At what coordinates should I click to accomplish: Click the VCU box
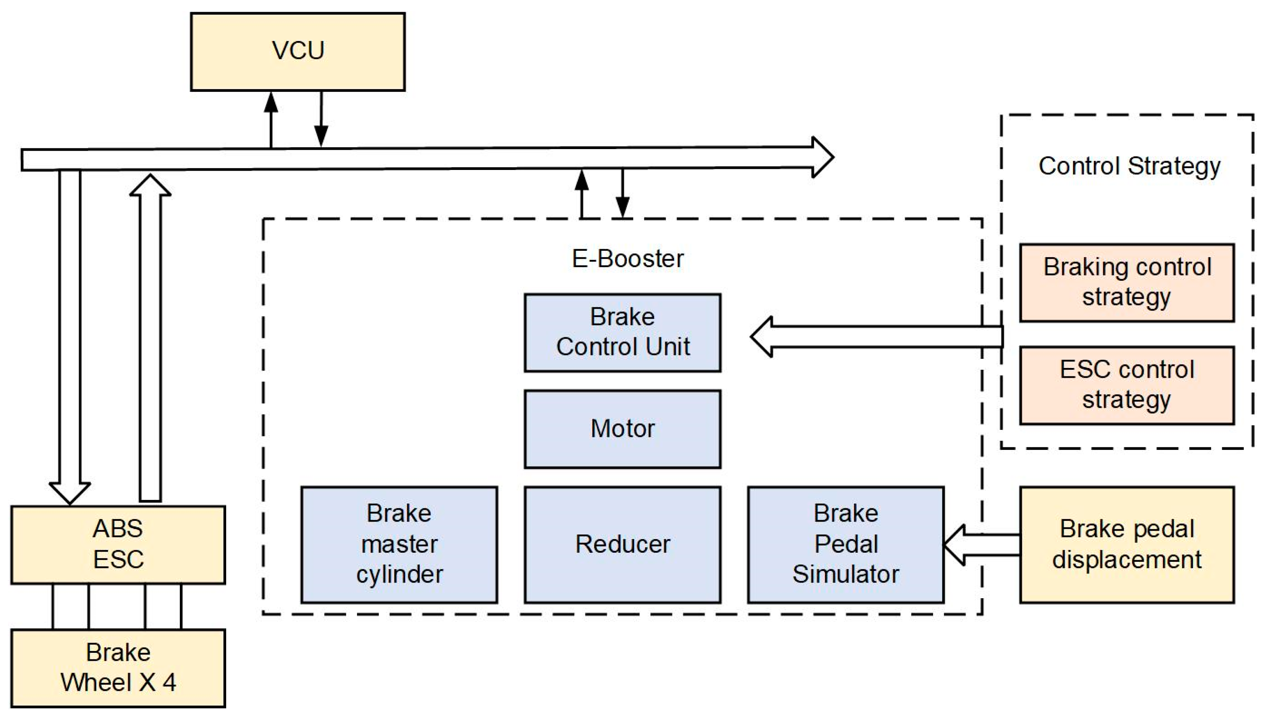click(x=298, y=52)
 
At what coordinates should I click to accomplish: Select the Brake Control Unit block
click(x=622, y=332)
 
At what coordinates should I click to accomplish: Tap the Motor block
click(x=622, y=428)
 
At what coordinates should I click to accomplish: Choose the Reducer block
click(x=622, y=544)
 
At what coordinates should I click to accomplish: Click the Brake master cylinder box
click(x=399, y=544)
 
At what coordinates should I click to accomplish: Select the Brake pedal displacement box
click(x=1127, y=544)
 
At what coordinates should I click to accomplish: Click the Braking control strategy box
click(x=1127, y=282)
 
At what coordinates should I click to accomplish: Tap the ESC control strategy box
click(x=1127, y=385)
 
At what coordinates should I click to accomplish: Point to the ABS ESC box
click(x=118, y=544)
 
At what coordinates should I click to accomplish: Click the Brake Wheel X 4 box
click(x=118, y=668)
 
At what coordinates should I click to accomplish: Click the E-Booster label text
click(x=627, y=258)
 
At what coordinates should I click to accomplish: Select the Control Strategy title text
click(x=1129, y=166)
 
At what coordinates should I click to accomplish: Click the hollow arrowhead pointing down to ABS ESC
click(x=70, y=492)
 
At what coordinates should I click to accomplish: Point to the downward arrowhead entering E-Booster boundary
click(x=623, y=207)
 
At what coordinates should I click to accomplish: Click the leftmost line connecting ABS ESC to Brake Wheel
click(x=53, y=606)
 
